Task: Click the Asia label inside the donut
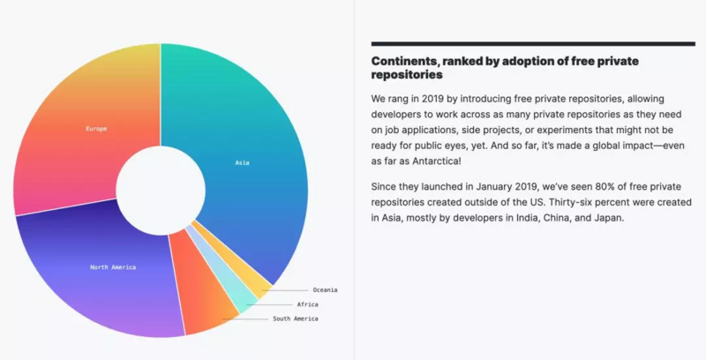(x=242, y=162)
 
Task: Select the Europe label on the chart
(x=96, y=129)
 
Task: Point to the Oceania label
(x=325, y=289)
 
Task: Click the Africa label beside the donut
(x=307, y=304)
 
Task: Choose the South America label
(x=295, y=318)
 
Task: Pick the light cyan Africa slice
(x=237, y=299)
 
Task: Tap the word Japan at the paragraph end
(x=608, y=217)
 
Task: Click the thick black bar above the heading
(x=533, y=43)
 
